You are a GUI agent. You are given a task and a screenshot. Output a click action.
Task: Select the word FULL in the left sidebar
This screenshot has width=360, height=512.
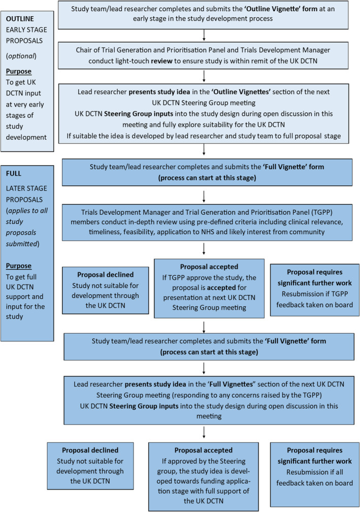(14, 172)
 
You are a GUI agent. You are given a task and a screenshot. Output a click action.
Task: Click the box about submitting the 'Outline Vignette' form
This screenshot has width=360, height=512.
(203, 14)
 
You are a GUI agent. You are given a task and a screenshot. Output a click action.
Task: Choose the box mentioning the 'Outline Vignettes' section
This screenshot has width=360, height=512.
(203, 107)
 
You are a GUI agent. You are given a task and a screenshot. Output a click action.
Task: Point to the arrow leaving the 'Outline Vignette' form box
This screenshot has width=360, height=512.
(203, 34)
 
